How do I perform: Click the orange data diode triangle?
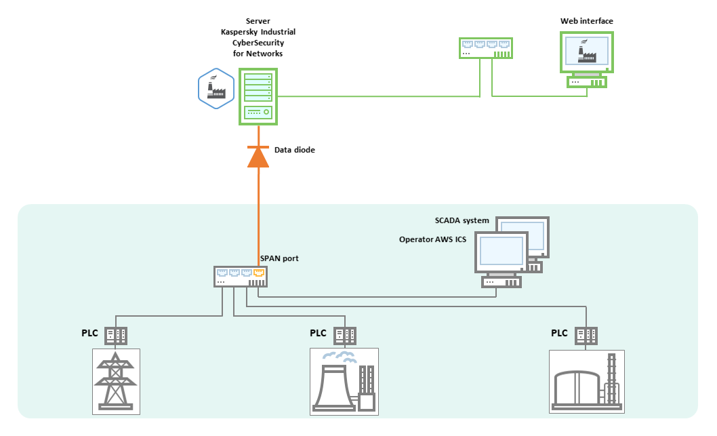pos(258,157)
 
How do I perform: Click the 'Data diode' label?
pos(295,149)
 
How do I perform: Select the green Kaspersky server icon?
pos(258,96)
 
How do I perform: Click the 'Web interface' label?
pos(586,21)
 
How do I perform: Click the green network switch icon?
pos(485,47)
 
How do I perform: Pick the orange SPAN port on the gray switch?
pos(258,273)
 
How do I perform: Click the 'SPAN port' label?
pos(279,259)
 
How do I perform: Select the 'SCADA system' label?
pos(462,220)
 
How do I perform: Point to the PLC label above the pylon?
pos(89,334)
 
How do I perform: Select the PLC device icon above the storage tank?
pos(586,335)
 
